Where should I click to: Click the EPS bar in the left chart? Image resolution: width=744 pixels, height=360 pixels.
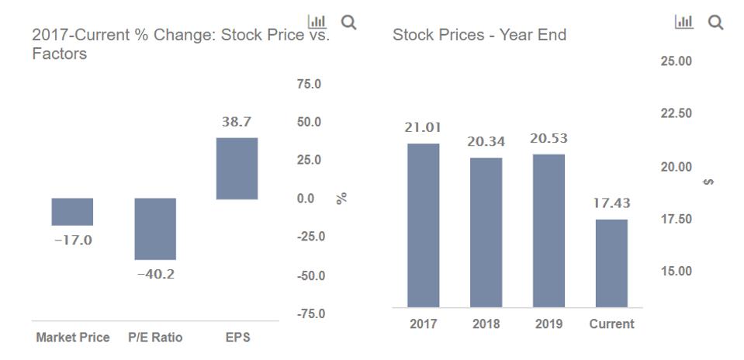click(237, 168)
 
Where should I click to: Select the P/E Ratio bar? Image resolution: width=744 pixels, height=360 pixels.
click(155, 229)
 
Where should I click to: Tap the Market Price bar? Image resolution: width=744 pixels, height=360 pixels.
click(72, 212)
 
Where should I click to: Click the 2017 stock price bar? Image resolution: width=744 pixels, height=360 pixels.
click(423, 225)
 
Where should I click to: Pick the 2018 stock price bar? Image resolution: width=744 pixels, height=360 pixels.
click(486, 232)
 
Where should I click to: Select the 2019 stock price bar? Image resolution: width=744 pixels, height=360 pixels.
click(548, 230)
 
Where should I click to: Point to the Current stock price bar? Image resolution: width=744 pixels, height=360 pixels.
click(611, 263)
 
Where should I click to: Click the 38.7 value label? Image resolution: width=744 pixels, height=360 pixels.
click(237, 123)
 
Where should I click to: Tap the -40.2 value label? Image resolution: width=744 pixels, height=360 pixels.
click(155, 274)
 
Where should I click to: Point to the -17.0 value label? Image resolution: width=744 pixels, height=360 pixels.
click(72, 241)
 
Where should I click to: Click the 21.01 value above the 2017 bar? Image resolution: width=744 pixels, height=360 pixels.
click(423, 127)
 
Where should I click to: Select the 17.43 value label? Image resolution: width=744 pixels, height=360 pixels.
click(611, 203)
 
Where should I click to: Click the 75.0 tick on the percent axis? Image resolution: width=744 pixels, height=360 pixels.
click(309, 84)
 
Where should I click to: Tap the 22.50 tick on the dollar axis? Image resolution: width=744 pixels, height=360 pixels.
click(676, 114)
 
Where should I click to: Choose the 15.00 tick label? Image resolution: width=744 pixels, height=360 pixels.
click(676, 272)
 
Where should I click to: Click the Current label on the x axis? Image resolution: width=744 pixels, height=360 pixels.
click(611, 324)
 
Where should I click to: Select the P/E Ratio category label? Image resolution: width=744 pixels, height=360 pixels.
click(155, 337)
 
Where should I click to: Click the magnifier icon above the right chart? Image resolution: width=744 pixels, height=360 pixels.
click(715, 23)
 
